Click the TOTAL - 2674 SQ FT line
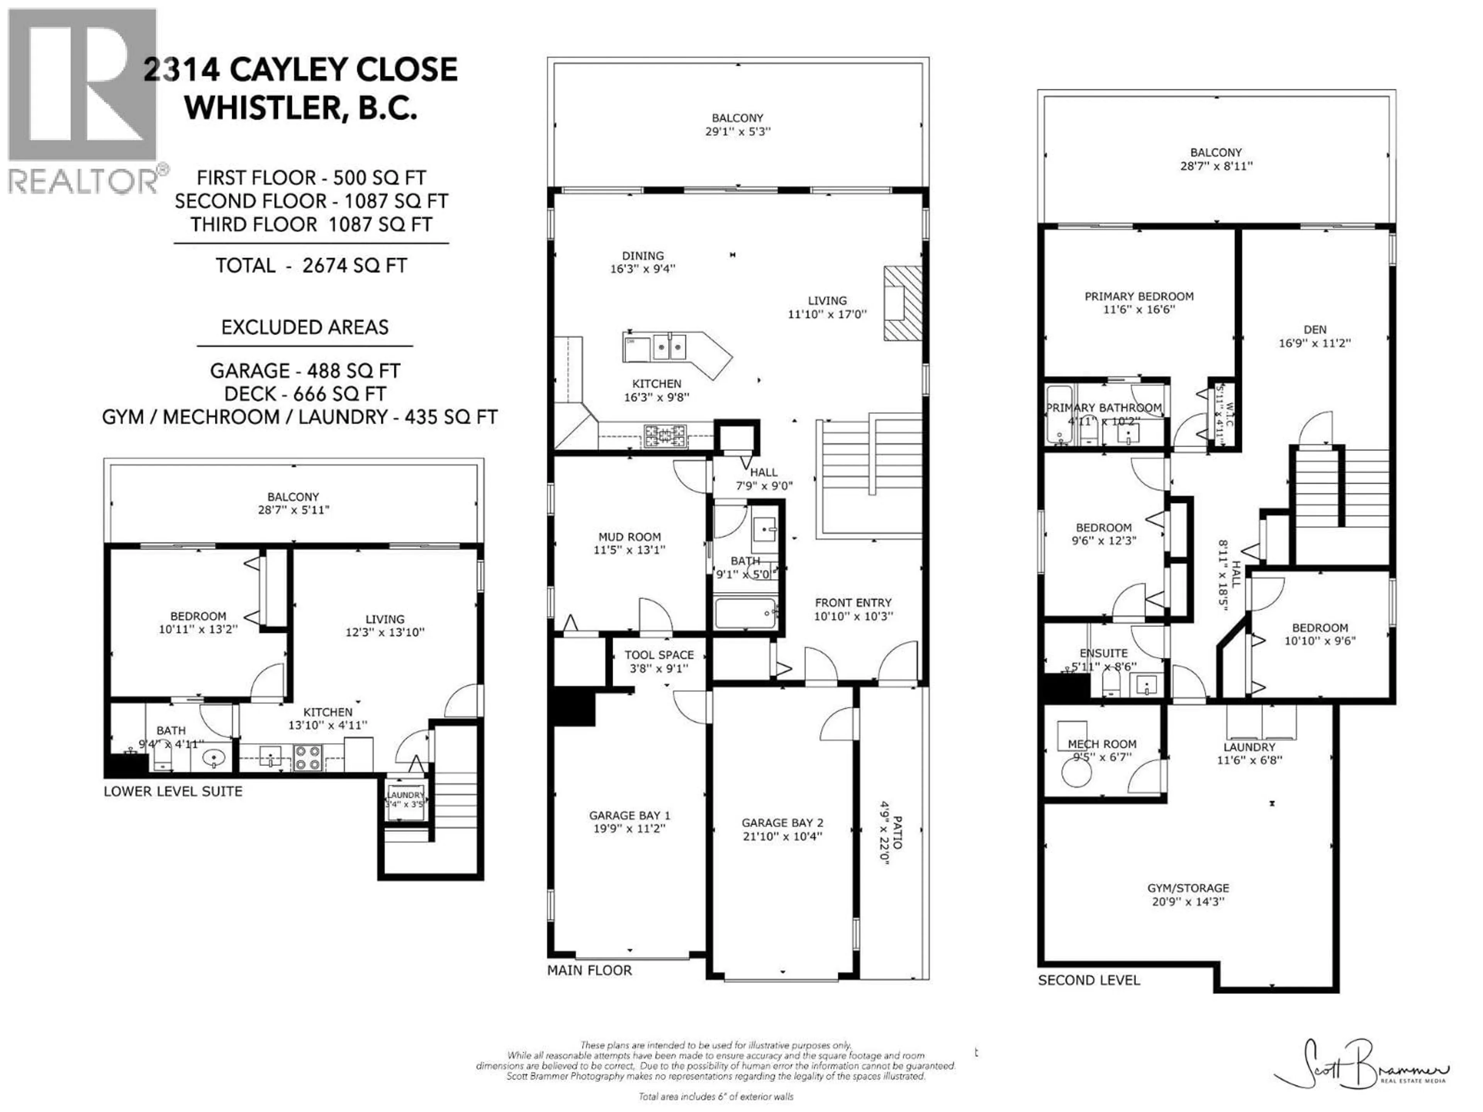(311, 265)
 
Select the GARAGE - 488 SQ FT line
(305, 371)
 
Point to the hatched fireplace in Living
(903, 303)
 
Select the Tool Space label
(658, 655)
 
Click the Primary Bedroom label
(1139, 296)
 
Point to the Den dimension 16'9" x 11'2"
(1314, 342)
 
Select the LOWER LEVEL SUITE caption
(173, 791)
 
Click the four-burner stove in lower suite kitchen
(308, 758)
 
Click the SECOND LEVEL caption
(1088, 980)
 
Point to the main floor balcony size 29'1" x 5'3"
(738, 131)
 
